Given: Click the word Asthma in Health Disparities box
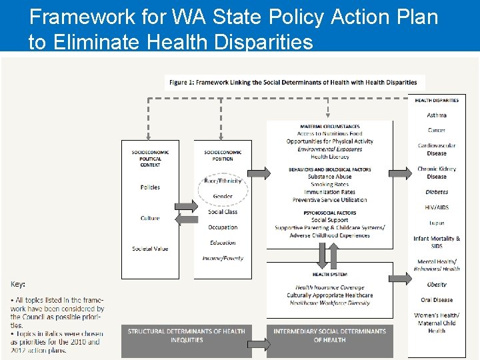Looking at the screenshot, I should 437,115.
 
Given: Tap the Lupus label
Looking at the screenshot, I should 437,223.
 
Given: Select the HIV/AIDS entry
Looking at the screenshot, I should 437,207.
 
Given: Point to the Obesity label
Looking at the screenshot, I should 437,285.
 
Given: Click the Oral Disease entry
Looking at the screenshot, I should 437,300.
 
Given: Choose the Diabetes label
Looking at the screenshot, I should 437,192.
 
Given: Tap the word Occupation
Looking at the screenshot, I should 223,227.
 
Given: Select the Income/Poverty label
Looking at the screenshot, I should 223,258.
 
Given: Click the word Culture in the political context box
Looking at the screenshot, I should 150,218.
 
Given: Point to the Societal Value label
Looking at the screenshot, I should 150,249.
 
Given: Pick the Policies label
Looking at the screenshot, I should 150,187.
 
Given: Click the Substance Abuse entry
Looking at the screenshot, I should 329,177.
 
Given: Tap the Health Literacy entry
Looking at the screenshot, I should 329,157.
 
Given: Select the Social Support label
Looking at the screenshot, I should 329,220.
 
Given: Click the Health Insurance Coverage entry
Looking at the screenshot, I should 329,287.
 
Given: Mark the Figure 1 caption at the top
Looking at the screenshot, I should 293,83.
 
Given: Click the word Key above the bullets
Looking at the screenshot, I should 18,284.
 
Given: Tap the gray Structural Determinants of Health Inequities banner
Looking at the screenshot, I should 186,335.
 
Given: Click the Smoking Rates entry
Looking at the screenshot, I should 329,185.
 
